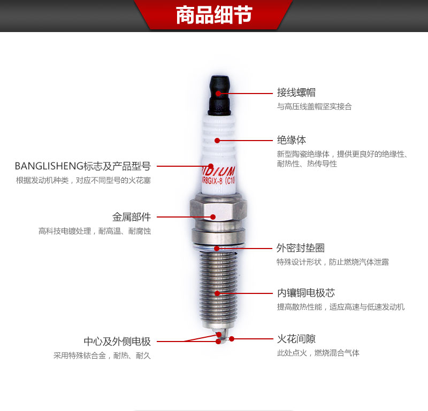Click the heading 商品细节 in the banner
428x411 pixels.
(214, 15)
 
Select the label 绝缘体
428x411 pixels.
(292, 141)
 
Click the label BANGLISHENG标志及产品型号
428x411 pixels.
(83, 166)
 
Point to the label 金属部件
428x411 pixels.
(132, 217)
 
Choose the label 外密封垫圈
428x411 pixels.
(301, 248)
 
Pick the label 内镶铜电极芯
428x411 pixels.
(306, 293)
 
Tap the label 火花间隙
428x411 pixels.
(296, 339)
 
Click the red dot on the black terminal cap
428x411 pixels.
(218, 93)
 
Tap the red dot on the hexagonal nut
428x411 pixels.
(213, 217)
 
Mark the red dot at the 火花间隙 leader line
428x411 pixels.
(232, 339)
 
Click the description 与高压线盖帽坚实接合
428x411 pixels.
(315, 106)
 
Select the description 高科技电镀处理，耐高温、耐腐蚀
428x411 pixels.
(95, 231)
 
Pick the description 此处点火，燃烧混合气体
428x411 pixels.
(318, 353)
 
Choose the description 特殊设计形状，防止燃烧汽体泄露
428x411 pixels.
(333, 262)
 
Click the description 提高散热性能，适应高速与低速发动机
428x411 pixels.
(341, 307)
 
